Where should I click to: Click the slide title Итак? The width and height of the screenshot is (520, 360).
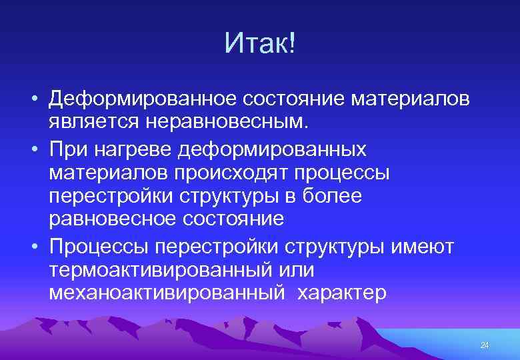click(x=260, y=44)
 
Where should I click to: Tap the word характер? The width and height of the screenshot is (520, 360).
click(x=342, y=294)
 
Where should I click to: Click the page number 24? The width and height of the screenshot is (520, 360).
click(x=485, y=345)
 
